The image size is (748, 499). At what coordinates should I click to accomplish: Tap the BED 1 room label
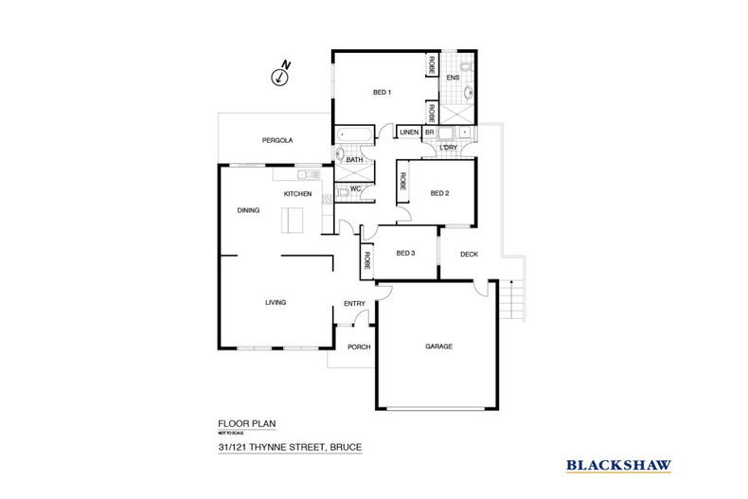pyautogui.click(x=382, y=92)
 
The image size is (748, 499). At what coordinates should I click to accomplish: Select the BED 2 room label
pyautogui.click(x=439, y=194)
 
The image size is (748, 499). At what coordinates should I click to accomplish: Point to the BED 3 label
pyautogui.click(x=406, y=253)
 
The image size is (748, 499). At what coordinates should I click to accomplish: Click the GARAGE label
pyautogui.click(x=438, y=347)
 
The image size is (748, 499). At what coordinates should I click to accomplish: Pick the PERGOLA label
pyautogui.click(x=277, y=140)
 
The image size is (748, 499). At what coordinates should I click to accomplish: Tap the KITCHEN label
pyautogui.click(x=297, y=194)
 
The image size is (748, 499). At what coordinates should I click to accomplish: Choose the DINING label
pyautogui.click(x=249, y=210)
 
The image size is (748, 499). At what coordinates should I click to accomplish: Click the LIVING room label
pyautogui.click(x=275, y=302)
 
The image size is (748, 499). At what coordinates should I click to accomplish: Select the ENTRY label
pyautogui.click(x=354, y=303)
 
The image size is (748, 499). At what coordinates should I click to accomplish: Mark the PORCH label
pyautogui.click(x=359, y=347)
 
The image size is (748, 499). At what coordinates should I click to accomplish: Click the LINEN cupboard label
pyautogui.click(x=410, y=133)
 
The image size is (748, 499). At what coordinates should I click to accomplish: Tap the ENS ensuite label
pyautogui.click(x=453, y=77)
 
